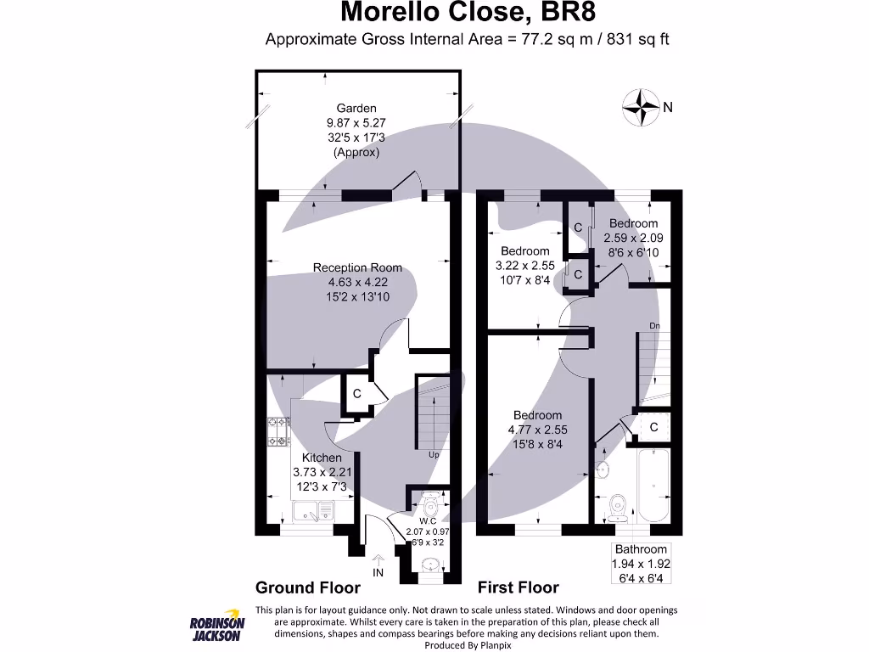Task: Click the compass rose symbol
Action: click(x=642, y=108)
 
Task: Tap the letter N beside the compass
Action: click(x=668, y=107)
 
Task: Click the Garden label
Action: click(x=356, y=108)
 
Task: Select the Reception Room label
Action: click(x=357, y=267)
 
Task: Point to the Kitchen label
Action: click(x=322, y=458)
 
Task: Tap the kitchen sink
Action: click(x=314, y=511)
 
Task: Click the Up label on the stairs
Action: click(x=434, y=455)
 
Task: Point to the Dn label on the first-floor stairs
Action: click(x=654, y=325)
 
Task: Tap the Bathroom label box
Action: click(x=642, y=563)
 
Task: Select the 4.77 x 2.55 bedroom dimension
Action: click(x=538, y=430)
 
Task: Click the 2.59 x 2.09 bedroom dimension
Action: click(x=632, y=239)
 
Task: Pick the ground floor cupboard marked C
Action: click(x=357, y=394)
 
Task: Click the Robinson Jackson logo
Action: click(x=216, y=627)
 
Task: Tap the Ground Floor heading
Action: click(x=308, y=587)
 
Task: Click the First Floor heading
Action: click(x=518, y=587)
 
